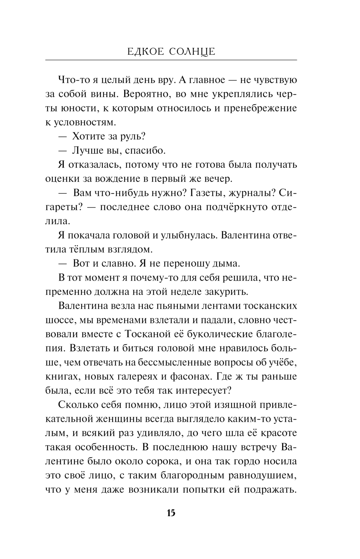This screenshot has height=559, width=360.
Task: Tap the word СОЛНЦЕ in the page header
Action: coord(192,52)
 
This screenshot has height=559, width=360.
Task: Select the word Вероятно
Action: coord(143,94)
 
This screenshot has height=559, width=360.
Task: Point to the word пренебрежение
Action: coord(260,108)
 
